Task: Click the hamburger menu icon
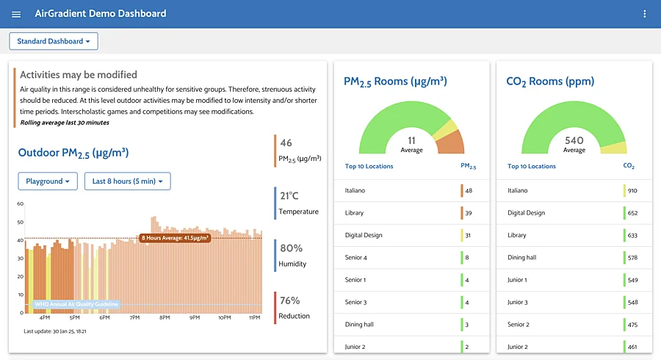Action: (16, 14)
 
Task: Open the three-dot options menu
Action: (645, 14)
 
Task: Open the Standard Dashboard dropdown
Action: (54, 41)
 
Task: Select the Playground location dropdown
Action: (48, 181)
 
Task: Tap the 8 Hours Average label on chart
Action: (175, 238)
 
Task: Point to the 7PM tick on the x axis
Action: (134, 317)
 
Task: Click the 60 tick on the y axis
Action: (21, 204)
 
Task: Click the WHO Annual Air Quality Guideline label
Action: (76, 304)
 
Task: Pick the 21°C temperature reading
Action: (289, 196)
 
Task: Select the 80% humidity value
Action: (291, 248)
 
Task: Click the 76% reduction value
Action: (290, 300)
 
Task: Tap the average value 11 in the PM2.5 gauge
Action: (412, 140)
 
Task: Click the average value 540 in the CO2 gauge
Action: (574, 140)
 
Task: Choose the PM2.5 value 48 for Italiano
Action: (469, 190)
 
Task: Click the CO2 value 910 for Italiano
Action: (632, 190)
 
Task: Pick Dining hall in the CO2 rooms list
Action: (521, 257)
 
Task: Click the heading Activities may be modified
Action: (79, 75)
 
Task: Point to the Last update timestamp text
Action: (55, 331)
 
